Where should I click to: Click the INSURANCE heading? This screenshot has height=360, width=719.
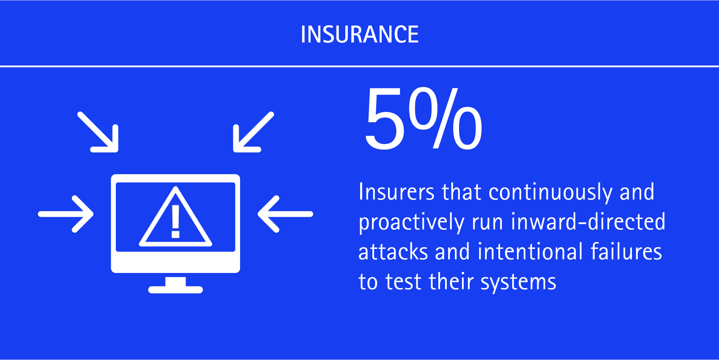[x=359, y=34]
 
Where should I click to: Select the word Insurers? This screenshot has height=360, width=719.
[x=396, y=192]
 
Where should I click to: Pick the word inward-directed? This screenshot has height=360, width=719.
[x=588, y=221]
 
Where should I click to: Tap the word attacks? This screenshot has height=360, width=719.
[x=393, y=252]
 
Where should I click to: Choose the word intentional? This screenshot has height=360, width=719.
[x=530, y=251]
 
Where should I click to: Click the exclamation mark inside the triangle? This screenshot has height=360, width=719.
[x=175, y=221]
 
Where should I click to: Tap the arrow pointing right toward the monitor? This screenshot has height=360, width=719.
[x=66, y=214]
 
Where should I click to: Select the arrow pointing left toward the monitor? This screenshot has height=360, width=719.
[x=285, y=214]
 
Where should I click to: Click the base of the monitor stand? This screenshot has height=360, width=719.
[x=175, y=290]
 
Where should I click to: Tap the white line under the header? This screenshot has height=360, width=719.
[x=359, y=66]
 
